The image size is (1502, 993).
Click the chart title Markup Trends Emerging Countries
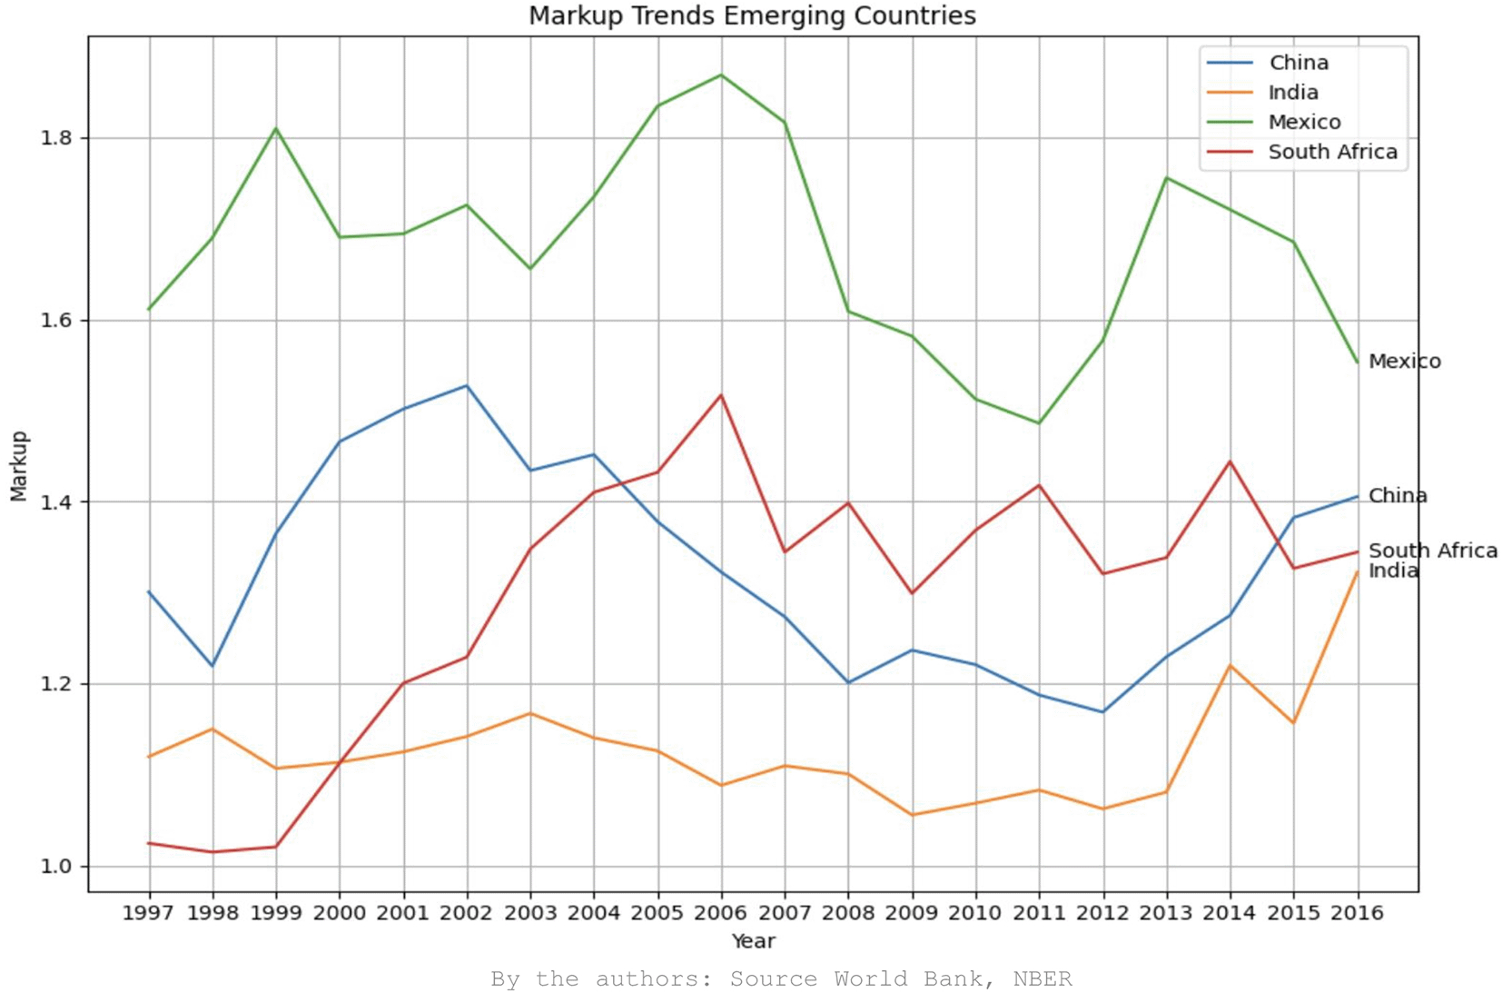[x=752, y=15]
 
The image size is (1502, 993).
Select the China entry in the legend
[x=1298, y=63]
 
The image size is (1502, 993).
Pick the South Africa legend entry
[x=1331, y=152]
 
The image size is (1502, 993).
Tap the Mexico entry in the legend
[x=1303, y=122]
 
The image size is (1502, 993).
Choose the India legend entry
[x=1292, y=93]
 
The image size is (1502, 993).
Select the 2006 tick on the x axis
[x=720, y=912]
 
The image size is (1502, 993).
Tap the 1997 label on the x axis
[x=148, y=912]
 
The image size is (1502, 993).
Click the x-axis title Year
[x=753, y=941]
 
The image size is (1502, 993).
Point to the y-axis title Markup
[x=19, y=465]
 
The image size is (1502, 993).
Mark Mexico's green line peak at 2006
[x=721, y=74]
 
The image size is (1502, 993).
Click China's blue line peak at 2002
[x=467, y=386]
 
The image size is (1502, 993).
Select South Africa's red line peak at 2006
[x=721, y=395]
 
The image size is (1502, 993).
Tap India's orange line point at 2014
[x=1230, y=665]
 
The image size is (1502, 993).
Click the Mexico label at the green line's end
[x=1404, y=362]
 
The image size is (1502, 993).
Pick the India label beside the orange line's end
[x=1393, y=571]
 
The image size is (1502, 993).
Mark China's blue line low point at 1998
[x=212, y=666]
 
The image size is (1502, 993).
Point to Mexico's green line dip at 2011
[x=1039, y=423]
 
